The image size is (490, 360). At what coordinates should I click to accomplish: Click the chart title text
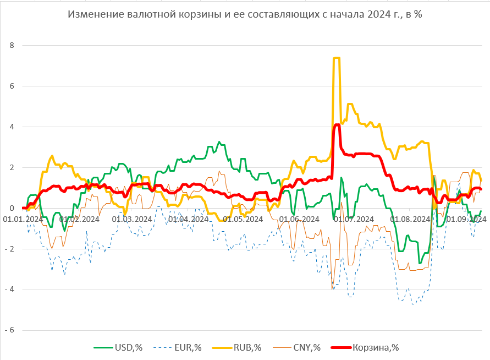point(245,15)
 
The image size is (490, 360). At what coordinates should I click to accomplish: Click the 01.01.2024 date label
point(23,219)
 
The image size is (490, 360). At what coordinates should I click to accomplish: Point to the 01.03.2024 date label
point(131,219)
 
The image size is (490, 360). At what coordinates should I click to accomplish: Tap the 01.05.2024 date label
point(243,219)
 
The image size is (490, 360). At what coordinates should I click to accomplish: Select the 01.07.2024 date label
point(354,219)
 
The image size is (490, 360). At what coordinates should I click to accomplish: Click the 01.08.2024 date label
point(410,219)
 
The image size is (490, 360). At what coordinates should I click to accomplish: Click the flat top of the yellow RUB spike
point(337,58)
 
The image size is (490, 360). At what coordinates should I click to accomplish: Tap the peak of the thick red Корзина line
point(337,125)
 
